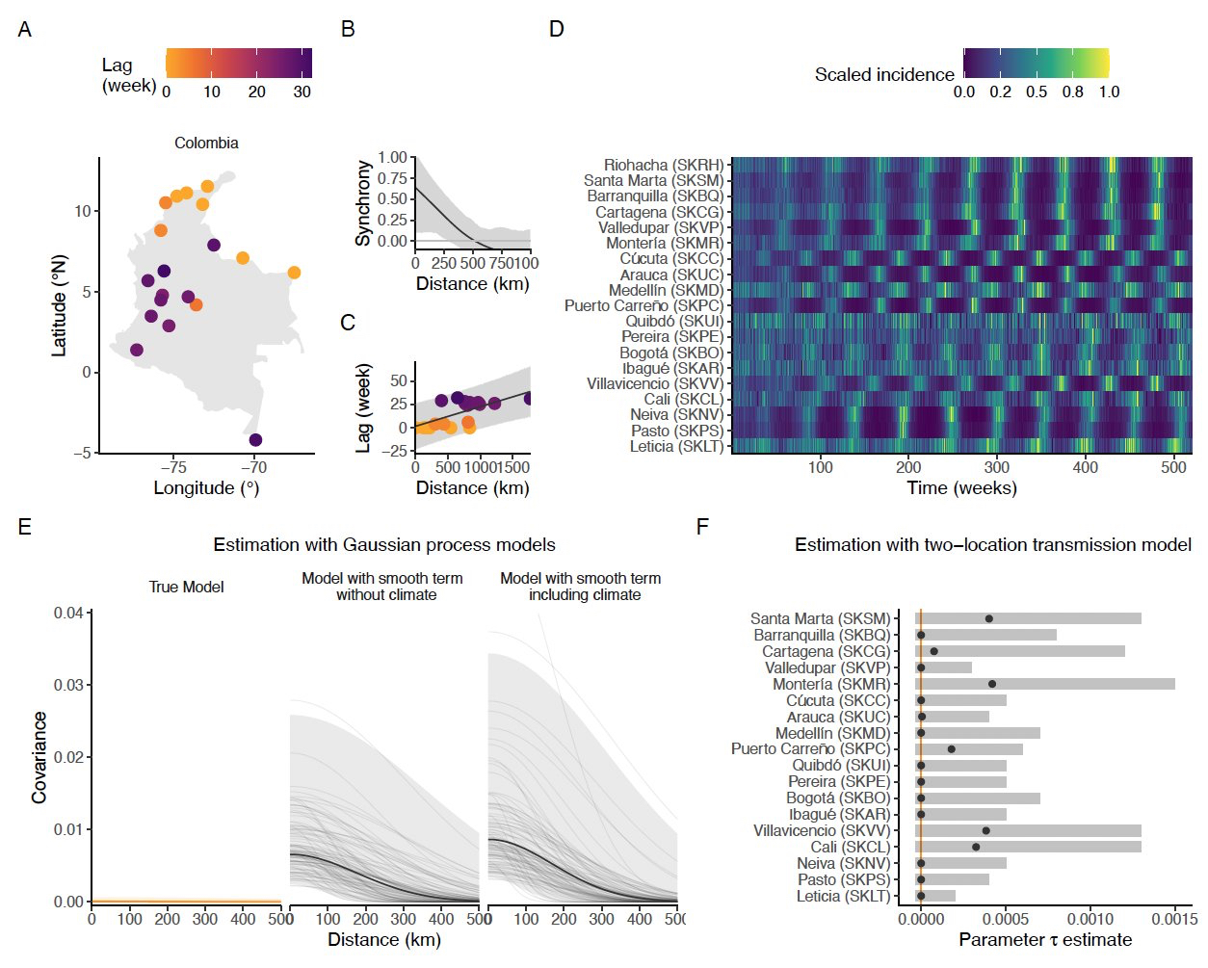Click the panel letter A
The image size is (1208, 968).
coord(25,30)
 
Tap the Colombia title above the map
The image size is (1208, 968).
coord(206,143)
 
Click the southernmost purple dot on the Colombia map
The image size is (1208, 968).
coord(255,440)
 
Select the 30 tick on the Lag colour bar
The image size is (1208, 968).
coord(302,92)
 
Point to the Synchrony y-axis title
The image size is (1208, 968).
coord(364,202)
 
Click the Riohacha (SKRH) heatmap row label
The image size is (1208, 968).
coord(663,166)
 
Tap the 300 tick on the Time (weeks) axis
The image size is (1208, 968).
coord(997,467)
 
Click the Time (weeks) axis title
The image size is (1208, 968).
coord(961,488)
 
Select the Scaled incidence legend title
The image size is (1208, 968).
coord(883,75)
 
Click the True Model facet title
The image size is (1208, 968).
coord(186,588)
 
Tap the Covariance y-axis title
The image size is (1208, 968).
coord(39,757)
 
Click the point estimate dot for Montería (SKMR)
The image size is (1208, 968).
coord(992,684)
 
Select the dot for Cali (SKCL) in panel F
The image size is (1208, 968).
coord(976,847)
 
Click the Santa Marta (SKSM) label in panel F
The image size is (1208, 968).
coord(820,618)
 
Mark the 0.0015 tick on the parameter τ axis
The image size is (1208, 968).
coord(1174,919)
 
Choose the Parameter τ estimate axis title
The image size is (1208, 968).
coord(1045,940)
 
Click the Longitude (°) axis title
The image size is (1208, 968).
coord(206,488)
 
